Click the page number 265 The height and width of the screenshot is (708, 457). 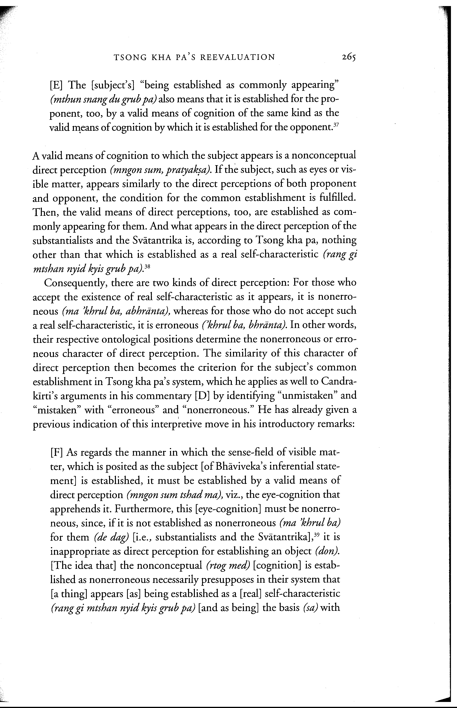point(348,57)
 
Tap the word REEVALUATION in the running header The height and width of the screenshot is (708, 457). point(238,57)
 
